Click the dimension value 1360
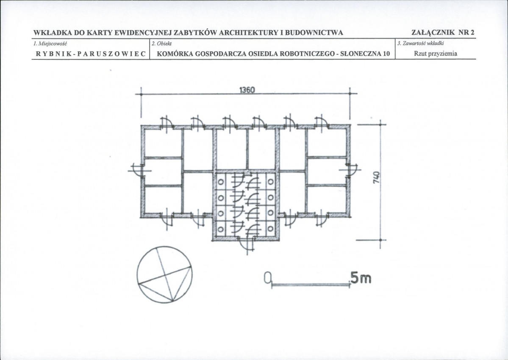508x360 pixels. point(247,90)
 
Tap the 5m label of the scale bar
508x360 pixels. point(360,278)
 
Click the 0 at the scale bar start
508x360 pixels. point(267,277)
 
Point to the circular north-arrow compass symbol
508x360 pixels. point(164,274)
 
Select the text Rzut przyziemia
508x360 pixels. point(436,54)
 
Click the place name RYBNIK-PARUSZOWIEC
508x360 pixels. point(90,54)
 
